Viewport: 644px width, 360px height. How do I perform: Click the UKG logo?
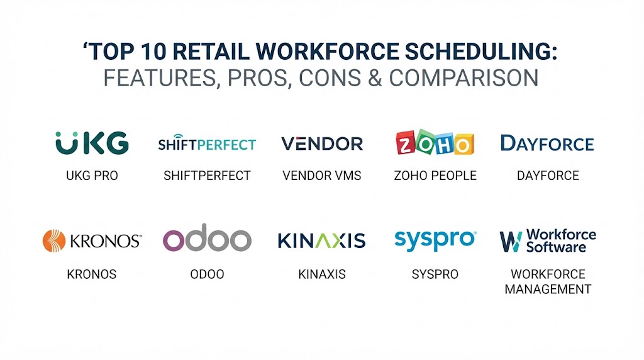click(92, 143)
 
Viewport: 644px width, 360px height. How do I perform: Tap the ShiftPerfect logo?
click(207, 143)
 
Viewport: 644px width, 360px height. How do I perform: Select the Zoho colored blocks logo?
click(435, 142)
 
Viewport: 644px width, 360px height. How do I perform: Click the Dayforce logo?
click(548, 143)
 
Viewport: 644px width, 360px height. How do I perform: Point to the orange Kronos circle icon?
click(54, 240)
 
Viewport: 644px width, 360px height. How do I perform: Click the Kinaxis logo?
click(321, 241)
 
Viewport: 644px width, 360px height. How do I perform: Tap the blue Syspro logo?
click(435, 240)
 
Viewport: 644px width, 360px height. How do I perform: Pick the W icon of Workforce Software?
click(511, 241)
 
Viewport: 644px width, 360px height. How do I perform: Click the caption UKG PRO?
click(92, 176)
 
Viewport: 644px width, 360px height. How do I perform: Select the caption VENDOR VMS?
click(321, 176)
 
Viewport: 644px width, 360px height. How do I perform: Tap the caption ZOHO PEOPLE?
click(435, 176)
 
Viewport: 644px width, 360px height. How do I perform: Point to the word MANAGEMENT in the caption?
click(548, 289)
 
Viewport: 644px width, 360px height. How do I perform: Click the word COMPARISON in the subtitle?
click(464, 77)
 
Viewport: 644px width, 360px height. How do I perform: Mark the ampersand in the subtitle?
click(375, 77)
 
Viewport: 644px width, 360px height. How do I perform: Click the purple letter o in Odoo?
click(174, 240)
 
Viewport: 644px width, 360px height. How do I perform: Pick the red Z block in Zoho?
click(405, 143)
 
